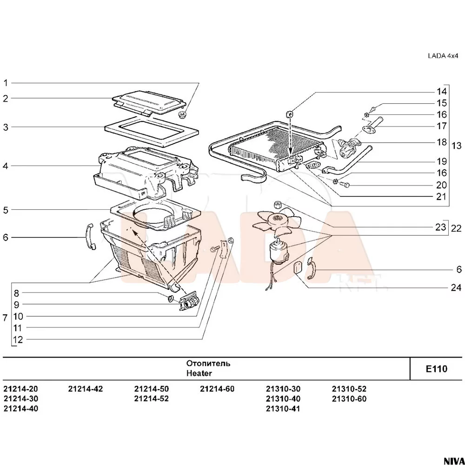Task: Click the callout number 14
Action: [x=441, y=91]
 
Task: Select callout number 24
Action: [x=456, y=287]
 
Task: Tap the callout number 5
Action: [x=6, y=210]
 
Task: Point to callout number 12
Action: [x=18, y=340]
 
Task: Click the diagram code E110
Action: [x=436, y=369]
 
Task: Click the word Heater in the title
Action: [x=199, y=373]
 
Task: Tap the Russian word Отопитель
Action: [x=208, y=363]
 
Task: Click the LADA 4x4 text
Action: [x=443, y=56]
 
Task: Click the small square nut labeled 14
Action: [x=289, y=113]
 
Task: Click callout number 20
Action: [x=441, y=185]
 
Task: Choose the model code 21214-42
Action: [x=85, y=389]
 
